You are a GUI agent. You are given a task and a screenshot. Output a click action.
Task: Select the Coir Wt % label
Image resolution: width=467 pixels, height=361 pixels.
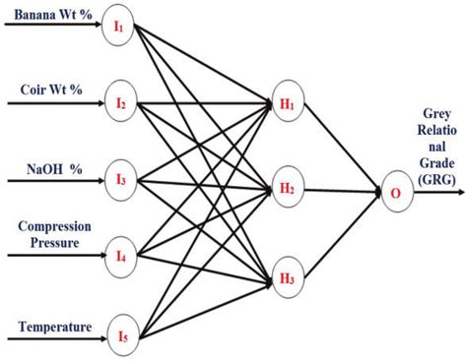51,90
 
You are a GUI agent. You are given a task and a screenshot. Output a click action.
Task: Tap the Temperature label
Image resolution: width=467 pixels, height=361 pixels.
55,326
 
